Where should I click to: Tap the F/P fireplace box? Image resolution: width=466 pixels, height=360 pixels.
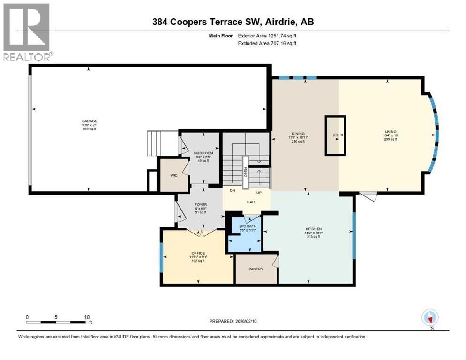coord(336,135)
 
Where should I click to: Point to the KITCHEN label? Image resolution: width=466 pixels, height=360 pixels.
coord(314,229)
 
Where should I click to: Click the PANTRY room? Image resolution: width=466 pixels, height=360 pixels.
coord(256,269)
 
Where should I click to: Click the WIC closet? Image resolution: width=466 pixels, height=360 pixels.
coord(173,175)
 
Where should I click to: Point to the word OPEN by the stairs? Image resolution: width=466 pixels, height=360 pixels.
coord(245,170)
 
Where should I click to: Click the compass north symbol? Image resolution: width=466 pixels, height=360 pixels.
coord(429,318)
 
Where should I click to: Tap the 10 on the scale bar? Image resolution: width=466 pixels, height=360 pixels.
coord(87,317)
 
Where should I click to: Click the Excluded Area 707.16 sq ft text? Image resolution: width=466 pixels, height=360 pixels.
coord(267,43)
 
